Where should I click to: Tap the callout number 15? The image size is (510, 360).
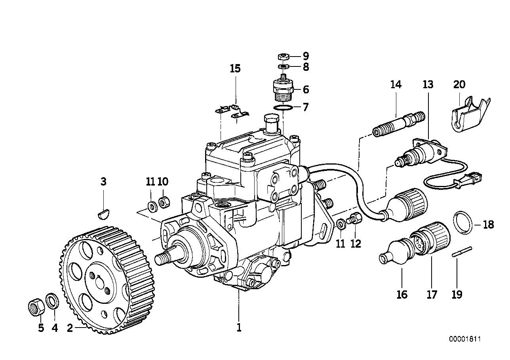click(x=235, y=69)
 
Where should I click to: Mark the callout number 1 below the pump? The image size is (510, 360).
click(x=239, y=328)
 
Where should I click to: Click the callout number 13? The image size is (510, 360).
click(x=428, y=85)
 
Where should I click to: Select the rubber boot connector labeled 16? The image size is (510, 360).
click(x=396, y=253)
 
